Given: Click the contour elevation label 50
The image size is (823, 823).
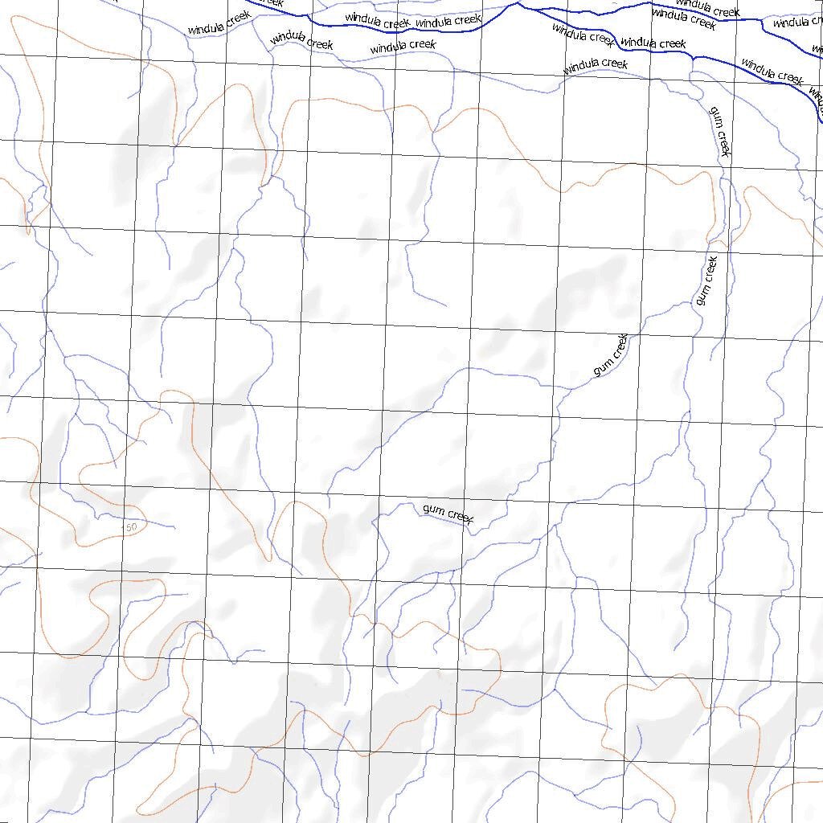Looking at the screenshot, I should point(130,527).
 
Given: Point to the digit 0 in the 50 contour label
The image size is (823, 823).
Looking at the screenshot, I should point(133,527).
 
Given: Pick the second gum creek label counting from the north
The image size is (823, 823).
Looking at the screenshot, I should point(706,280).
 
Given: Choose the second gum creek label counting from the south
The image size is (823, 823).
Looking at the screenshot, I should point(610,357).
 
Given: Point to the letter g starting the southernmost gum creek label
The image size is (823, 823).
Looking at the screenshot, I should point(426,509).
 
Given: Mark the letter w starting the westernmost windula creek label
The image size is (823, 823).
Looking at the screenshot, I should point(191,31).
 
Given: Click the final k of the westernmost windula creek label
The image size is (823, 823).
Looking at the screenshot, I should point(248,14).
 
